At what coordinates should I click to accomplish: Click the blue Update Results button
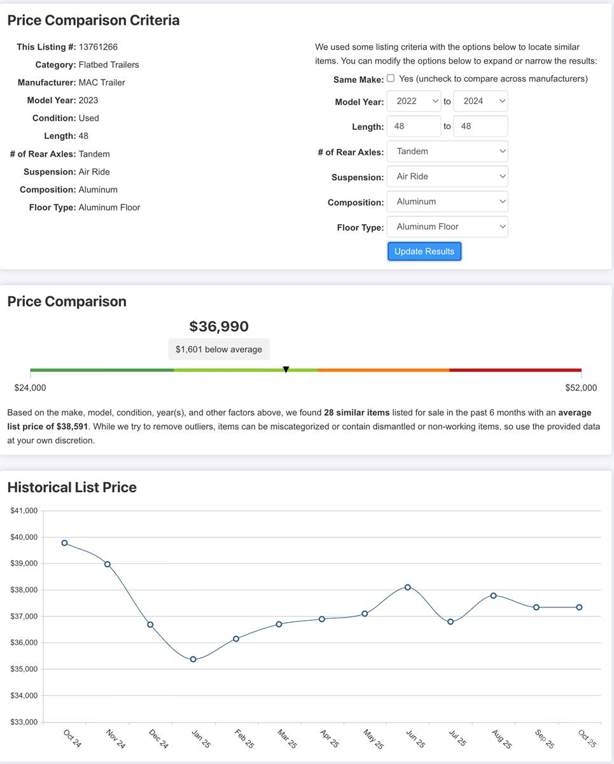[x=424, y=251]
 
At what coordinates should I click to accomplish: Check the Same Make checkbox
[x=391, y=78]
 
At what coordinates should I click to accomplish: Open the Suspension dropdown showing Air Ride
[x=447, y=176]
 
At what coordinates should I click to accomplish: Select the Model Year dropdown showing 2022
[x=414, y=101]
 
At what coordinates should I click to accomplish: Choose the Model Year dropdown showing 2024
[x=480, y=101]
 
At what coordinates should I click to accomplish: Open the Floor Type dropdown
[x=447, y=227]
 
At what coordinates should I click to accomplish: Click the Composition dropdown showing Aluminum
[x=447, y=202]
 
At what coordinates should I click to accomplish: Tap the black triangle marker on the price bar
[x=286, y=369]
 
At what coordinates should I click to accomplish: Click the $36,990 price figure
[x=219, y=327]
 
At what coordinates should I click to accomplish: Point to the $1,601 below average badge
[x=219, y=350]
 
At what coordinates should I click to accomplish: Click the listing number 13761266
[x=98, y=46]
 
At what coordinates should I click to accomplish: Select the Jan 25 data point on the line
[x=193, y=660]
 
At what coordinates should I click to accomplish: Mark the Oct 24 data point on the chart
[x=64, y=543]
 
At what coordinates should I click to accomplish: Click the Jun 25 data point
[x=407, y=587]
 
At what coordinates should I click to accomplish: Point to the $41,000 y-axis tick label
[x=24, y=511]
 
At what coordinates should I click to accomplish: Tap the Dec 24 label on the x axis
[x=158, y=739]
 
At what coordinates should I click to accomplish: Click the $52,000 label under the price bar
[x=581, y=388]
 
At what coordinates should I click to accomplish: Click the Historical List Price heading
[x=72, y=488]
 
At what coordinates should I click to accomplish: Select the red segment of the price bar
[x=515, y=370]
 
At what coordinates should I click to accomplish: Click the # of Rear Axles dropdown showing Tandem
[x=447, y=152]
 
